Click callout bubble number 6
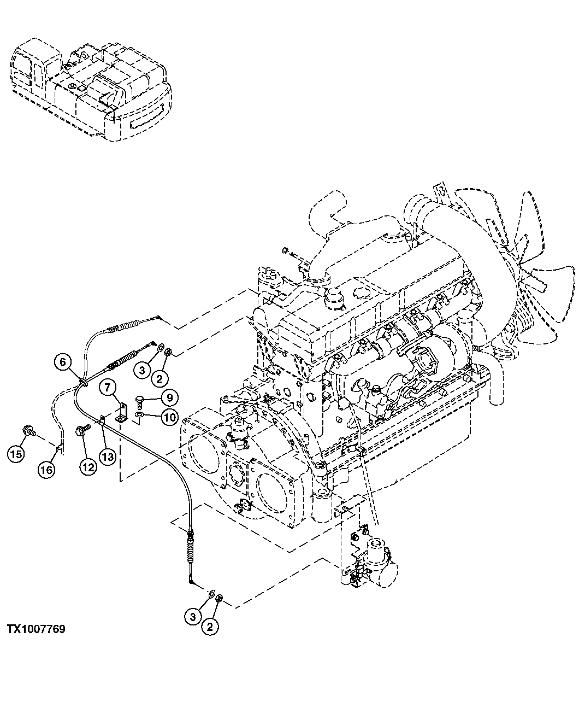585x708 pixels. [62, 362]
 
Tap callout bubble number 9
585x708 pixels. [168, 397]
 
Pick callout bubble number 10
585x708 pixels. [168, 418]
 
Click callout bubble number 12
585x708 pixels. [88, 466]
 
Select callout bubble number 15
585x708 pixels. [16, 453]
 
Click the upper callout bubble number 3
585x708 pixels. [141, 370]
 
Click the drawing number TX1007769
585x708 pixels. [36, 629]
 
